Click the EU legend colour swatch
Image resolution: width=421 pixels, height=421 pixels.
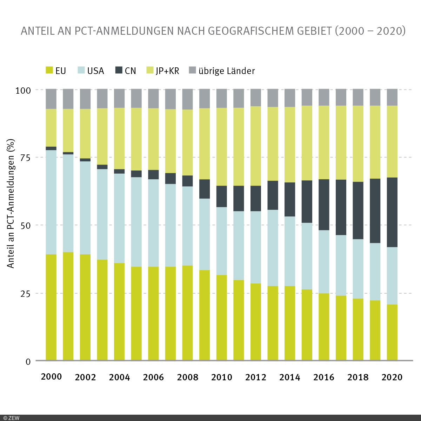pos(49,70)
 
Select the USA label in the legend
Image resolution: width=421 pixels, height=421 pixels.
pos(95,71)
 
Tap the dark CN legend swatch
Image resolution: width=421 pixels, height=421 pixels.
pos(119,70)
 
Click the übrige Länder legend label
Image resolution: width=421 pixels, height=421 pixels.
pos(227,71)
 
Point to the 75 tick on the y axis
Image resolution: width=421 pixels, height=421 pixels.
pos(24,158)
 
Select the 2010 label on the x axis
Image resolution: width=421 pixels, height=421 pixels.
pos(222,377)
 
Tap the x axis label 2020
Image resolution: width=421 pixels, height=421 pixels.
pos(392,377)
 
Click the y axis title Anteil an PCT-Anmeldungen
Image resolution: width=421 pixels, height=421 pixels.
pos(11,203)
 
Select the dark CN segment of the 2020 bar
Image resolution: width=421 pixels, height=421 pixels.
pos(392,212)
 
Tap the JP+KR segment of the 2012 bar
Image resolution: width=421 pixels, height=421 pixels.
pos(256,146)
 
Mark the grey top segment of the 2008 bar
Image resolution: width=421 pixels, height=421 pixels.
pos(187,99)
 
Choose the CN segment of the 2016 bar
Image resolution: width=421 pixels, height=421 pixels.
pos(324,205)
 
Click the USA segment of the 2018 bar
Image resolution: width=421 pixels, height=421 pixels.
pos(358,269)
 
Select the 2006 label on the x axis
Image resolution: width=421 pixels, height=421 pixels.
pos(153,377)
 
